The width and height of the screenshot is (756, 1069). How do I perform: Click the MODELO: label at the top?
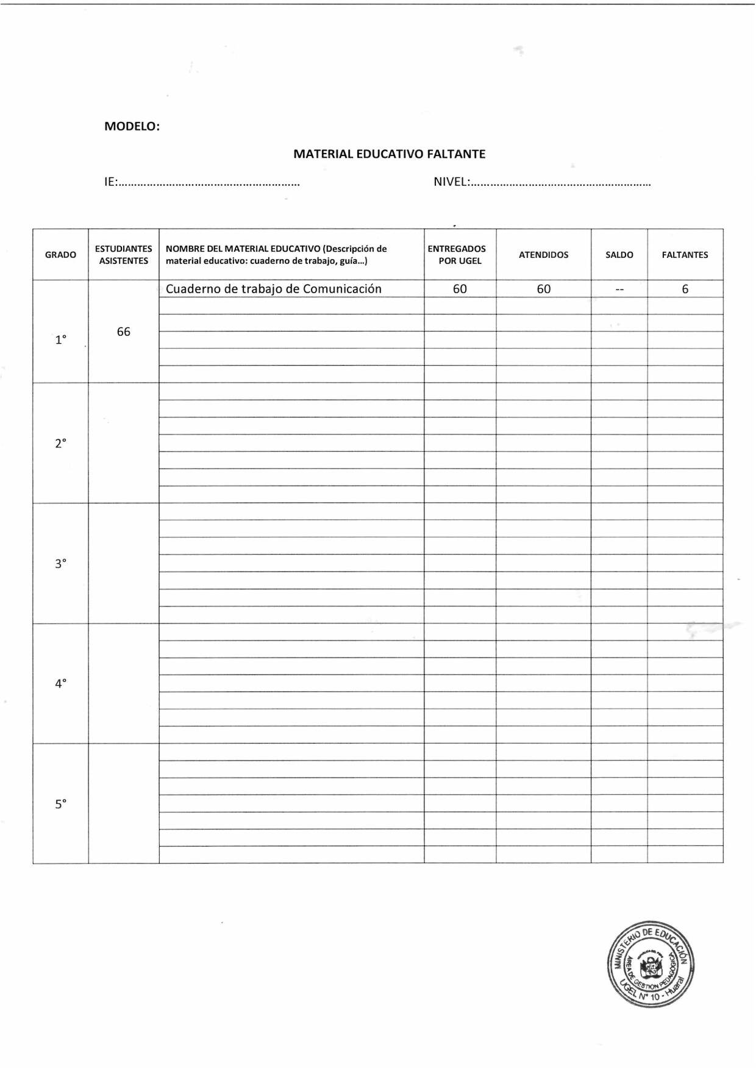(x=132, y=126)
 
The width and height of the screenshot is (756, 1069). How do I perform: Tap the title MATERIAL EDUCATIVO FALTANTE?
(x=389, y=154)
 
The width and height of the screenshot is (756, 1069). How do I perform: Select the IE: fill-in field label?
(x=111, y=182)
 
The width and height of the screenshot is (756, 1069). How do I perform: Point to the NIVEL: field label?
(x=451, y=182)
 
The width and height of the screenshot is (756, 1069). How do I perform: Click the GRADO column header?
(x=60, y=255)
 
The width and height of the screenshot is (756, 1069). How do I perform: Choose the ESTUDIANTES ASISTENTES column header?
(x=123, y=255)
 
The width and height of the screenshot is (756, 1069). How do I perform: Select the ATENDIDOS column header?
(x=543, y=255)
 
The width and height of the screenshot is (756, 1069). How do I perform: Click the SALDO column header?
(x=619, y=255)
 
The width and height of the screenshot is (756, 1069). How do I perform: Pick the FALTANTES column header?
(x=685, y=255)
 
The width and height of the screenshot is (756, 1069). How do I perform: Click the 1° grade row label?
(x=60, y=339)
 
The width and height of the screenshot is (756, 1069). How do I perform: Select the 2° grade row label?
(x=60, y=443)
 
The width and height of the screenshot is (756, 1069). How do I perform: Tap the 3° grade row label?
(x=60, y=563)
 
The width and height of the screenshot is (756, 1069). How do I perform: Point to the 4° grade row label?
(x=60, y=683)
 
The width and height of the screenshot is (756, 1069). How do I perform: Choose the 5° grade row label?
(x=60, y=804)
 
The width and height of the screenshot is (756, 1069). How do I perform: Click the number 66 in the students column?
(x=123, y=332)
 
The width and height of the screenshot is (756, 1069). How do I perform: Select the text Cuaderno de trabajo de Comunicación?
(x=274, y=289)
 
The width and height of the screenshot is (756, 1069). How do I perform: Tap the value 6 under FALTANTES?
(x=685, y=289)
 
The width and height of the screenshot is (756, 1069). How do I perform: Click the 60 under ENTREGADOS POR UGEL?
(x=460, y=289)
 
